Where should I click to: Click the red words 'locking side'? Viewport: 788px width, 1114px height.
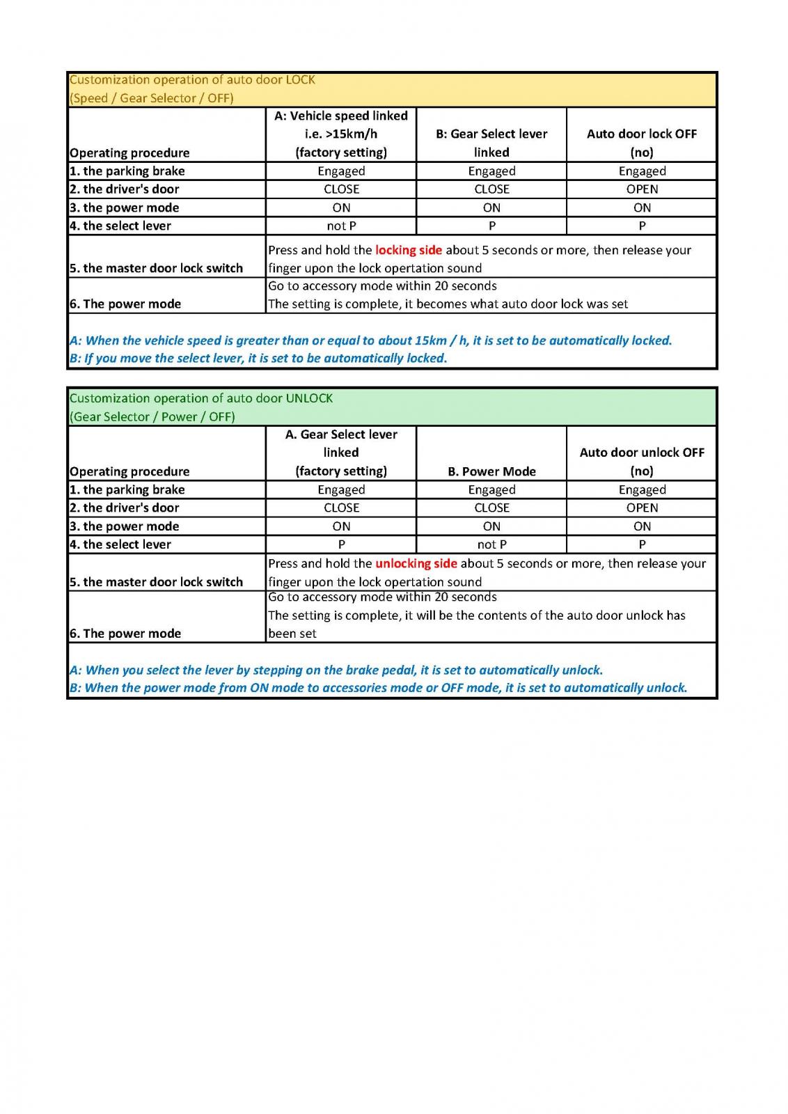409,250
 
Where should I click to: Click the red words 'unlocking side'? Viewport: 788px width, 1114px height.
416,563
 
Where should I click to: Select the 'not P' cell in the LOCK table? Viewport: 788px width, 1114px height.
341,226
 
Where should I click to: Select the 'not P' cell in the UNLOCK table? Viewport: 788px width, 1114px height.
491,544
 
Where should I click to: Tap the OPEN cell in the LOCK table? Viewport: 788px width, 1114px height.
642,189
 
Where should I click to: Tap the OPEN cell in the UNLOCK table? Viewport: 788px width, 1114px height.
642,508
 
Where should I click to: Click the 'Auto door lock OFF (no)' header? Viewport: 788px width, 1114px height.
642,142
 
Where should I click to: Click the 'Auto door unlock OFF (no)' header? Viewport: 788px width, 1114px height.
642,461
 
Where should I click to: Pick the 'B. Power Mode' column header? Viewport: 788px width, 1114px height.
491,471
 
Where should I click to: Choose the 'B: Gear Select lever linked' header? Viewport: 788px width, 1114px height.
491,142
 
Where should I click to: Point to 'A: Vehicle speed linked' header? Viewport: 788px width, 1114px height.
341,116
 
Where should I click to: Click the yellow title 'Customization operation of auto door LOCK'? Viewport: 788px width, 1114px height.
192,79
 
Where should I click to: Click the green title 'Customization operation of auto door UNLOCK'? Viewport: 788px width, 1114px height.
201,398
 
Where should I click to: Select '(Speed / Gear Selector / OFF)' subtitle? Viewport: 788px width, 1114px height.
152,98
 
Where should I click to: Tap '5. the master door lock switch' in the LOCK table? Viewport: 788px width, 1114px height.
157,268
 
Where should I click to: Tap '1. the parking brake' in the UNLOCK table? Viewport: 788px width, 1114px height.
127,489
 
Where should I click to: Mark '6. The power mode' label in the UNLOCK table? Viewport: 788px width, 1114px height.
125,633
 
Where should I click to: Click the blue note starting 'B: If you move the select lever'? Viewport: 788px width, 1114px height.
258,358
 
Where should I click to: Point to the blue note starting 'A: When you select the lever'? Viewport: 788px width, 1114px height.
336,670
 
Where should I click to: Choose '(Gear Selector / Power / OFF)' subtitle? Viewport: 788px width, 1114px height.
152,416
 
